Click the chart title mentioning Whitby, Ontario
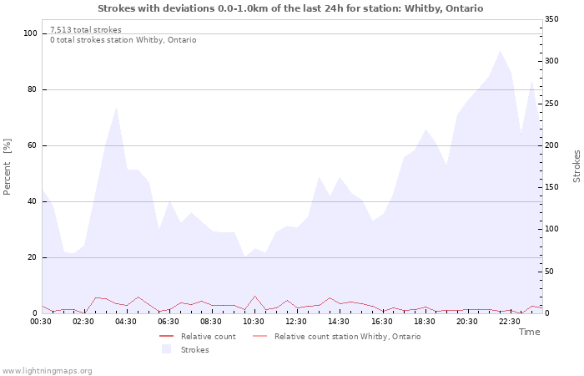[290, 8]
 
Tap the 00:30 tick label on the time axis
[41, 321]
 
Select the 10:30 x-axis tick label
[254, 321]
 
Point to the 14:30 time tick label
[339, 321]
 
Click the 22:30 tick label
[509, 321]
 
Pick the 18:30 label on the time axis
[424, 321]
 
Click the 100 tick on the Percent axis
[30, 33]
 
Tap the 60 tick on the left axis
[33, 145]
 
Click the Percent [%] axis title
[8, 167]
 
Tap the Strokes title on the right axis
[576, 166]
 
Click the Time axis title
[529, 332]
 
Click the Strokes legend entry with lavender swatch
[194, 349]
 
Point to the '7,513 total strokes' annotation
[85, 30]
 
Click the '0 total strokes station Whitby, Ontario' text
[123, 40]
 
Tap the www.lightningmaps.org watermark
[47, 370]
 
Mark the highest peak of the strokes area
[500, 51]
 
